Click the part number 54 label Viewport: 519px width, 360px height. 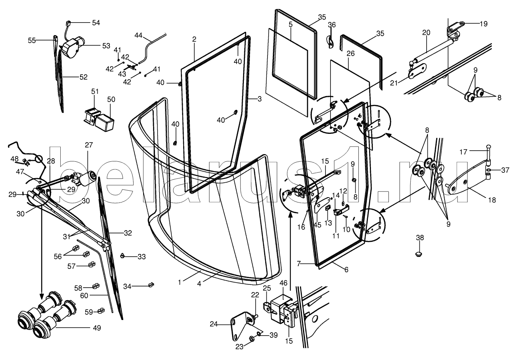click(x=95, y=23)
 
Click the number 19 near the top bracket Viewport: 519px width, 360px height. click(x=484, y=24)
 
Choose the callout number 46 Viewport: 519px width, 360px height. click(x=284, y=283)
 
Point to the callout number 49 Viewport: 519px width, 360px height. click(x=97, y=328)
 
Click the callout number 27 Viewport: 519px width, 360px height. click(x=89, y=145)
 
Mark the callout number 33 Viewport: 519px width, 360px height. click(x=142, y=257)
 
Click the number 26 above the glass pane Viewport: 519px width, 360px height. click(x=351, y=54)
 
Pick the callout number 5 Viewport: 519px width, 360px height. click(x=290, y=24)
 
